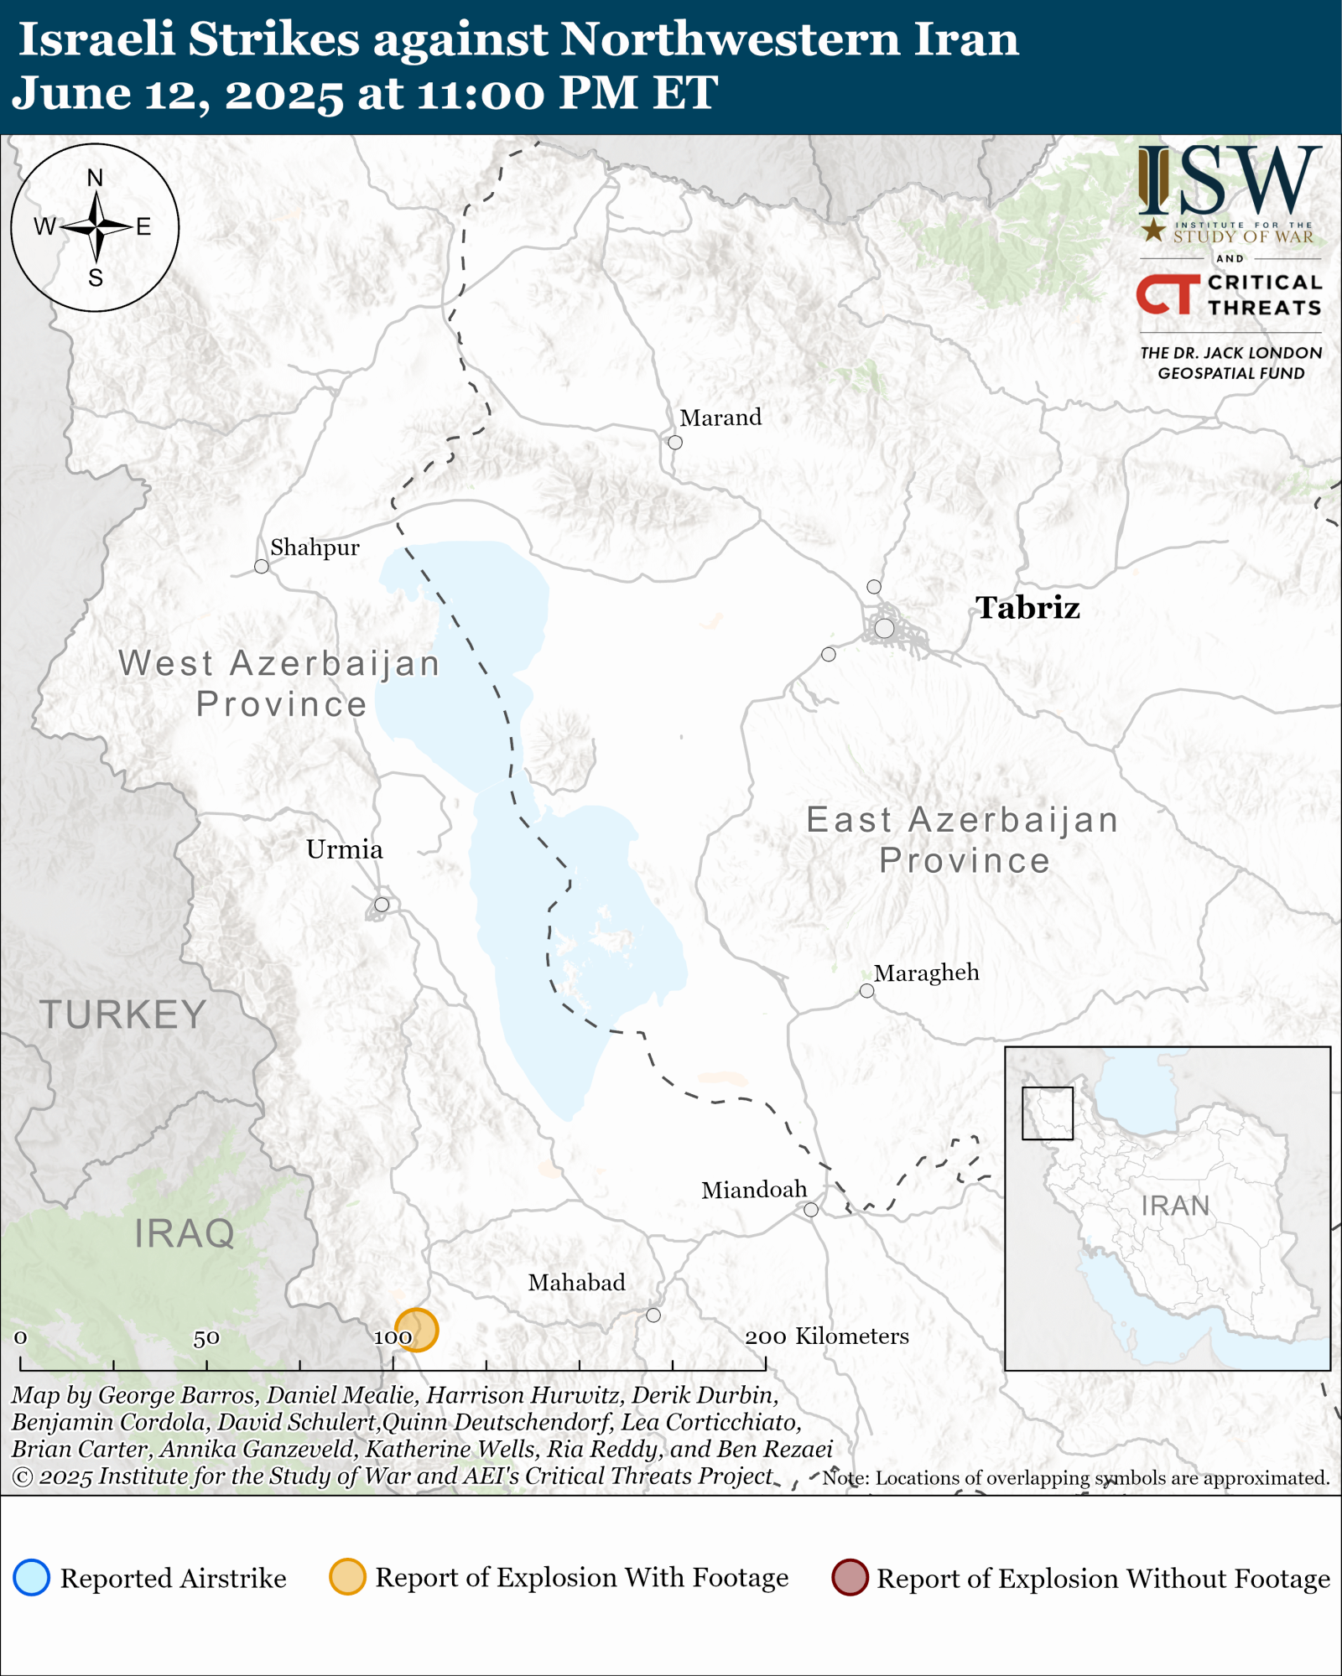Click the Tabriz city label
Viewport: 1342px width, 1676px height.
pos(1027,608)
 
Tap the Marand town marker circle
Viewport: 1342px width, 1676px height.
pos(675,442)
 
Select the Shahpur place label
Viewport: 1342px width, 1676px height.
pos(315,547)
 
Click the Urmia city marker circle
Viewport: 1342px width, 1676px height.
pos(382,904)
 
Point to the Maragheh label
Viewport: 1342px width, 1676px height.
pos(926,973)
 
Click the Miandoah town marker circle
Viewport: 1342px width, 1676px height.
pos(811,1209)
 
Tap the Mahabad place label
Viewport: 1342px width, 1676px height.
pos(576,1282)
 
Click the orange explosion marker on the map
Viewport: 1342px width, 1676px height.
pos(417,1330)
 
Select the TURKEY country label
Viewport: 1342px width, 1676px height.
pos(123,1015)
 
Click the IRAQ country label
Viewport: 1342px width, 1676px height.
pos(185,1233)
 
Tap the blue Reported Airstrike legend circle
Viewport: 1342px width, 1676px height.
pos(32,1578)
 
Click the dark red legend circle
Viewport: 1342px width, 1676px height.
pos(850,1578)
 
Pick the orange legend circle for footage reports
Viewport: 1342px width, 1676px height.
pos(347,1577)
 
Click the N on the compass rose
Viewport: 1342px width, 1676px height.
pos(95,178)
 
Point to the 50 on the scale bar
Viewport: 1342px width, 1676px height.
pos(206,1338)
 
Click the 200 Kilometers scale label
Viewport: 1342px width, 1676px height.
pos(826,1336)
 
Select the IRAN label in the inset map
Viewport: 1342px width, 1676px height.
pos(1175,1206)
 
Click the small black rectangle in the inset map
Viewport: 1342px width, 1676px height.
pos(1048,1113)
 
